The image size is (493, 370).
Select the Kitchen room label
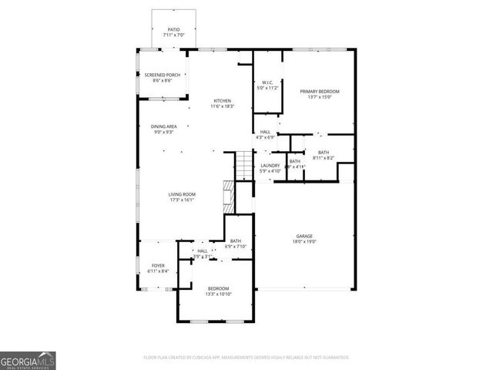click(223, 101)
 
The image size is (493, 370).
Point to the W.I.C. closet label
click(268, 82)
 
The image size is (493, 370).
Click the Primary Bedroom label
click(320, 91)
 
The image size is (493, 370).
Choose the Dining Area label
click(164, 126)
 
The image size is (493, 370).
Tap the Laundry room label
click(270, 166)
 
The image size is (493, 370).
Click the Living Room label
click(183, 194)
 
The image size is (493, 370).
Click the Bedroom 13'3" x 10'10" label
click(218, 288)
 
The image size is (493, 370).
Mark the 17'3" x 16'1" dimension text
click(183, 200)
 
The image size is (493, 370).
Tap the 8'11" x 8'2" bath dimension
click(323, 157)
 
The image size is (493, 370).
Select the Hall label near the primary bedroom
click(265, 133)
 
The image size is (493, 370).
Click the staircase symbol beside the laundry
click(244, 164)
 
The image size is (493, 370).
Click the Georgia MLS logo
click(28, 360)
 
